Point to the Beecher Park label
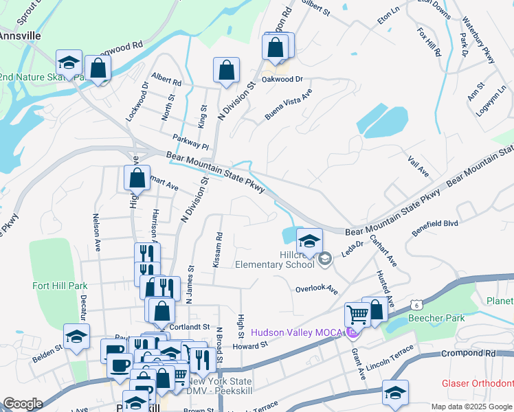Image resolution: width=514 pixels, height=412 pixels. tap(436, 318)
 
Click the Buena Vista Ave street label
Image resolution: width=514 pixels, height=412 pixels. tap(289, 104)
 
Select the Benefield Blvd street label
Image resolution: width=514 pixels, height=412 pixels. tap(435, 228)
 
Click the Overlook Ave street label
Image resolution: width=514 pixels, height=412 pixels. tap(317, 289)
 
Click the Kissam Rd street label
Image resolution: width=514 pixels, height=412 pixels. tap(219, 246)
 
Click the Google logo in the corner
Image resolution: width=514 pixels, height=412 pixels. tap(23, 404)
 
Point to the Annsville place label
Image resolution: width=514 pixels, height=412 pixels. tap(21, 34)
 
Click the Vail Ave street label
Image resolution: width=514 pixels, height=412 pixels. tap(418, 167)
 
